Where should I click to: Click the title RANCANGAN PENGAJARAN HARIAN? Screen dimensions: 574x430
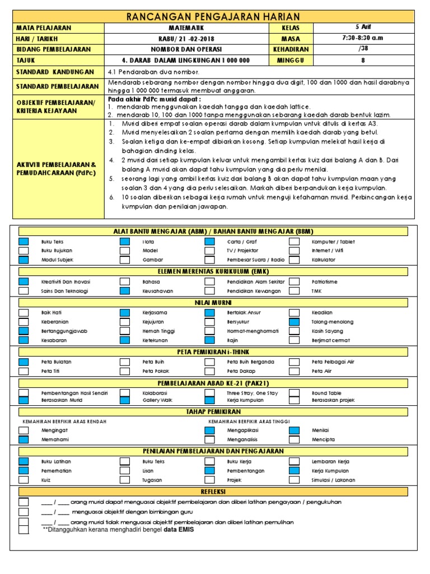tap(214, 17)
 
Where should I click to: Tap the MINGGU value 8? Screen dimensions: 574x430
tap(363, 60)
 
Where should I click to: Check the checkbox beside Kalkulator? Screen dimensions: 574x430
tap(295, 260)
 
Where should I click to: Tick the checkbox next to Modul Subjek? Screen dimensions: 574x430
tap(24, 260)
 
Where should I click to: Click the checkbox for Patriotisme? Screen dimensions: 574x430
tap(295, 281)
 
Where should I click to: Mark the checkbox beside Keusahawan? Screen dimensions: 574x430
tap(125, 291)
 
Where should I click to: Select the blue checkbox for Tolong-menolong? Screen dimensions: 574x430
tap(295, 322)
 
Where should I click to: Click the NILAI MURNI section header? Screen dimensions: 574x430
tap(214, 302)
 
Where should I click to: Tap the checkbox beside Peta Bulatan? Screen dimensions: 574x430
tap(24, 362)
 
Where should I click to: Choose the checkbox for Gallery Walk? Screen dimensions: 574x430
tap(125, 401)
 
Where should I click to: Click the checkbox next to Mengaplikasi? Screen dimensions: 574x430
tap(209, 430)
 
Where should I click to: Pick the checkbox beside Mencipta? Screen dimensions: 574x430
tap(295, 440)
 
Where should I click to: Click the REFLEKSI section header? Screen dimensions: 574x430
tap(214, 491)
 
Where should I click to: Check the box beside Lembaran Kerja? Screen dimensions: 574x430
tap(295, 461)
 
